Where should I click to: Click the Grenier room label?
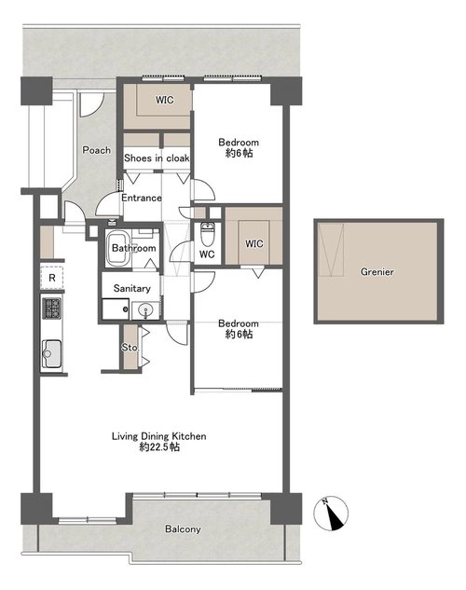377,271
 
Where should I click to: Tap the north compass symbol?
331,514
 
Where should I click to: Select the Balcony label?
183,529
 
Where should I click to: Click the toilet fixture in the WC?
207,233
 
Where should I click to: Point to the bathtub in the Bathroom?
118,248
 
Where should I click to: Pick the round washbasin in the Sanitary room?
145,310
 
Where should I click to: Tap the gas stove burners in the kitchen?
51,309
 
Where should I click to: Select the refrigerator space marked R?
52,278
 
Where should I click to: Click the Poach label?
97,150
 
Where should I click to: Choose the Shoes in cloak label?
157,158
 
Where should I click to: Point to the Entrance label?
142,198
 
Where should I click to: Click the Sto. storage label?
130,348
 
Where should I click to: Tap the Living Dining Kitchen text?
159,436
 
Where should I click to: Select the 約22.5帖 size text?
159,447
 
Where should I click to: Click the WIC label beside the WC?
254,244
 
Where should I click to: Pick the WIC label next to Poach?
165,100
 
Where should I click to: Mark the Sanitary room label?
132,289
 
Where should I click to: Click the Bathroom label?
134,248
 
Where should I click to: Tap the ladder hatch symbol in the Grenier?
331,250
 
